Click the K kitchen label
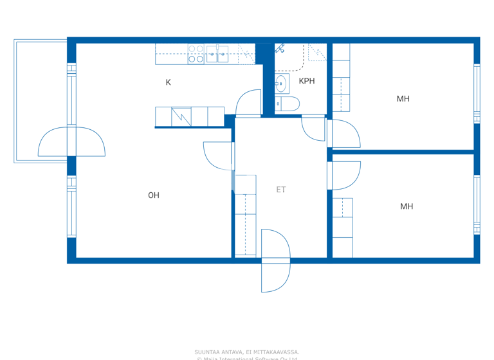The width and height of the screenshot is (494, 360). coord(169,82)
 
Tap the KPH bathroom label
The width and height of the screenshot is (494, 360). coord(307,81)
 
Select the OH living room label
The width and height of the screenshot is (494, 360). coord(153,195)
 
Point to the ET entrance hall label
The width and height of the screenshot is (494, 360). coord(281,190)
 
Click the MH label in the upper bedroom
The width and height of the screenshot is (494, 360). coord(403,99)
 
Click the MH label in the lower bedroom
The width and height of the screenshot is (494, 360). coord(406,206)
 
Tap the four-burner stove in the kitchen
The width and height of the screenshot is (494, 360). coord(196,54)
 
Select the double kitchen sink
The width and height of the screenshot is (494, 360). coord(217,54)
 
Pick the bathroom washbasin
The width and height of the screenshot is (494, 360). coord(281,82)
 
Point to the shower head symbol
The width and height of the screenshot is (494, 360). coord(280,48)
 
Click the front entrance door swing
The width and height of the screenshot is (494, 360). coord(275,260)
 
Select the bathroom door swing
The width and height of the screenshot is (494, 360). coord(314,127)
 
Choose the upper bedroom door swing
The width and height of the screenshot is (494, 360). coord(345,133)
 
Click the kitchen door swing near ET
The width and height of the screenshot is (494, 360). coord(248,104)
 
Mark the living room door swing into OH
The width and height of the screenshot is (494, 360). coord(219,156)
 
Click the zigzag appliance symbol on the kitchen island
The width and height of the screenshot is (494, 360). coord(181,116)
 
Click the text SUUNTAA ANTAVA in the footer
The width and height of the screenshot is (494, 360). coord(219,352)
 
